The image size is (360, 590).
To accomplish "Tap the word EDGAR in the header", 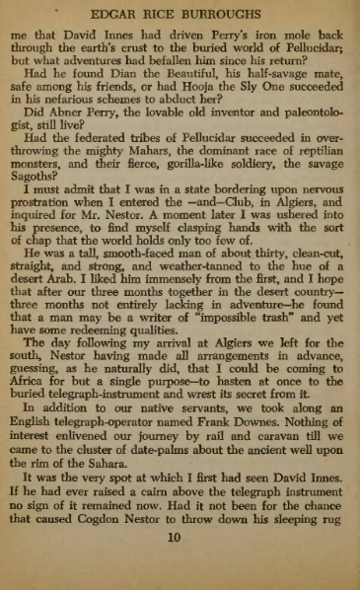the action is click(111, 16).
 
